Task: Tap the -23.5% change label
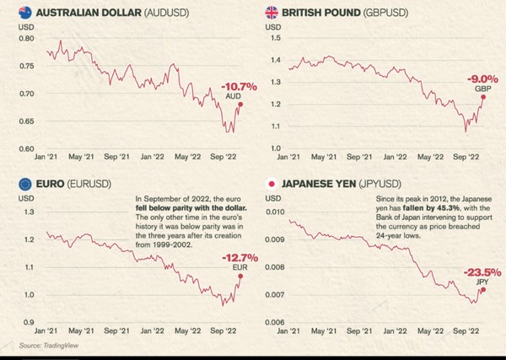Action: [482, 272]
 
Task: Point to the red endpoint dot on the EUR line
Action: [240, 276]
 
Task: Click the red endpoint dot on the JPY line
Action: [482, 289]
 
